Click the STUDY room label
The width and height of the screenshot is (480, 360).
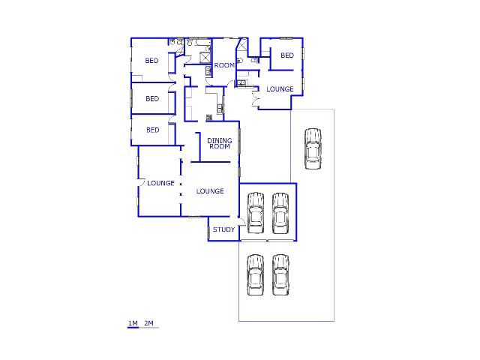click(x=223, y=229)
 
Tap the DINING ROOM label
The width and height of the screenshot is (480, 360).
click(x=220, y=143)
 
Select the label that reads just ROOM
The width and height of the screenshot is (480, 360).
click(x=224, y=65)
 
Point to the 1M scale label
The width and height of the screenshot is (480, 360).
click(x=133, y=323)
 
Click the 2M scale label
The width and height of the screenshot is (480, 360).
click(x=148, y=323)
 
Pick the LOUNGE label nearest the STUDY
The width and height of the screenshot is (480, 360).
click(x=210, y=191)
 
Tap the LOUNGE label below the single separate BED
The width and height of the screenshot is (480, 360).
click(x=280, y=89)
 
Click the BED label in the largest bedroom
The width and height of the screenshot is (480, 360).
click(x=151, y=61)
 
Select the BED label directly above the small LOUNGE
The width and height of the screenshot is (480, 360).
click(x=287, y=55)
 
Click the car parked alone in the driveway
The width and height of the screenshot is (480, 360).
click(x=313, y=148)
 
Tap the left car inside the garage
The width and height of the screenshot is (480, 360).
click(x=256, y=213)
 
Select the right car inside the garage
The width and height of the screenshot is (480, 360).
click(x=280, y=213)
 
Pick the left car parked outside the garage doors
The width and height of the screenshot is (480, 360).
click(x=256, y=275)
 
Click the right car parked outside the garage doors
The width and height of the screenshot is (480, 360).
click(x=280, y=275)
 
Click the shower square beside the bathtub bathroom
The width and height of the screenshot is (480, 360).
click(x=205, y=58)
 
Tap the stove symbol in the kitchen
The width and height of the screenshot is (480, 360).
click(x=209, y=117)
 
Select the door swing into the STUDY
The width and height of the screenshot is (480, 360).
click(x=241, y=222)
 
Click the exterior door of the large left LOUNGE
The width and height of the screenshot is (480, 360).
click(x=141, y=182)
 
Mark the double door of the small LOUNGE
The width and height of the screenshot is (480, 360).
click(x=255, y=99)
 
